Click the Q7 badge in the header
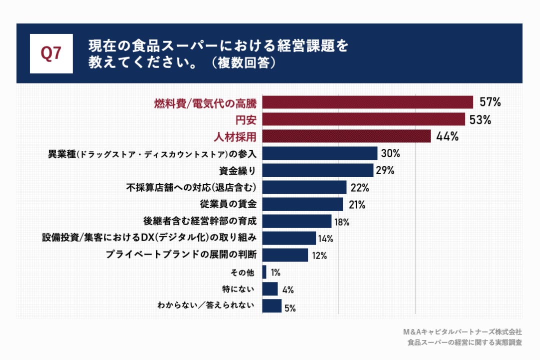click(51, 53)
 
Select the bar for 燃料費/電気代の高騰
click(367, 102)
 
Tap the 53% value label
click(480, 119)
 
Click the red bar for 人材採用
click(346, 136)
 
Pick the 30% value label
click(390, 153)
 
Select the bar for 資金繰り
click(318, 170)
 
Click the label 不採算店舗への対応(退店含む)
click(191, 187)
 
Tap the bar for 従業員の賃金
click(302, 204)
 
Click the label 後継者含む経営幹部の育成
click(199, 221)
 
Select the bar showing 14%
click(289, 238)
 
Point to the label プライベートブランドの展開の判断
click(181, 254)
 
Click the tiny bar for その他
click(264, 272)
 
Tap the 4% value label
click(287, 289)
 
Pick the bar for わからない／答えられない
click(272, 306)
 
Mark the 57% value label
click(490, 102)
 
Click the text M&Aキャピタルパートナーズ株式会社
click(462, 331)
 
